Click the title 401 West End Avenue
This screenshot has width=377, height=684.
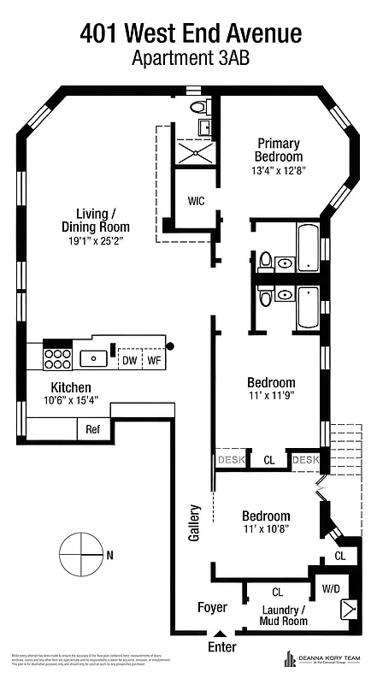(x=191, y=33)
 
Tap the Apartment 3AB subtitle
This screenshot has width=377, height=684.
(x=191, y=59)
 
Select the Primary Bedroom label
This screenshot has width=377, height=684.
(x=278, y=150)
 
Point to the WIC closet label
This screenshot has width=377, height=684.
(x=196, y=202)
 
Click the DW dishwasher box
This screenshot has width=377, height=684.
(x=129, y=361)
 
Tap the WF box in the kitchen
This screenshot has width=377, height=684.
(x=154, y=361)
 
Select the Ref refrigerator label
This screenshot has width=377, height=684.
(x=93, y=430)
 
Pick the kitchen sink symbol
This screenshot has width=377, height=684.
(x=91, y=357)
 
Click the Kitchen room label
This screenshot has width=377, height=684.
(x=71, y=386)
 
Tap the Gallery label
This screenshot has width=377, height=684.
(x=194, y=522)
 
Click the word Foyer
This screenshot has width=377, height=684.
(x=212, y=608)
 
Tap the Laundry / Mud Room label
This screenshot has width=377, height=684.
(x=282, y=616)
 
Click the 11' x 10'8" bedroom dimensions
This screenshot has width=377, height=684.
(x=266, y=530)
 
